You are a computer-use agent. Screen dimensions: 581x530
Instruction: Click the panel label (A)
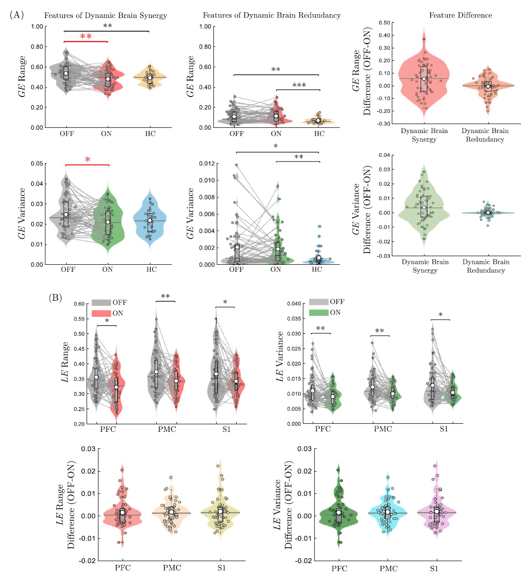click(17, 15)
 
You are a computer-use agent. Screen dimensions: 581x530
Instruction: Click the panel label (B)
click(56, 298)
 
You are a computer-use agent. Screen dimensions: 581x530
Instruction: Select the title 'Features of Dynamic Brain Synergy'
click(106, 16)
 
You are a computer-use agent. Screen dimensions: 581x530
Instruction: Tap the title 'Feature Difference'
click(460, 16)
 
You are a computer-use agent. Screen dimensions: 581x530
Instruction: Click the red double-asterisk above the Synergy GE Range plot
click(86, 37)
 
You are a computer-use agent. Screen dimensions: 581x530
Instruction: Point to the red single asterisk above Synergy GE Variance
click(88, 160)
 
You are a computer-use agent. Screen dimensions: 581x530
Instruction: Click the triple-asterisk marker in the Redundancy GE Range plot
click(299, 86)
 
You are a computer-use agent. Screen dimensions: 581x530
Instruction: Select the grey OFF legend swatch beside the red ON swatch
click(101, 303)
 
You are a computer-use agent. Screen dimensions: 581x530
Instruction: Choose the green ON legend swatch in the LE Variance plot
click(318, 313)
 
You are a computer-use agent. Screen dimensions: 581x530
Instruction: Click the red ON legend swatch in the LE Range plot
click(101, 313)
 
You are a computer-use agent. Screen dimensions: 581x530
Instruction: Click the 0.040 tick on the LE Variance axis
click(294, 304)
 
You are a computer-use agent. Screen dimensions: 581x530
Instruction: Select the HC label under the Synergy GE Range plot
click(150, 134)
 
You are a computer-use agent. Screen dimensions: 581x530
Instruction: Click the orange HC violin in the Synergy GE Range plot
click(150, 77)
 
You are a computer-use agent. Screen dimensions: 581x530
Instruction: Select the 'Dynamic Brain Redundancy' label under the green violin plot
click(486, 266)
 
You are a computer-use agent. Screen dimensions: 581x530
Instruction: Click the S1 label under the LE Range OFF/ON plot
click(226, 429)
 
